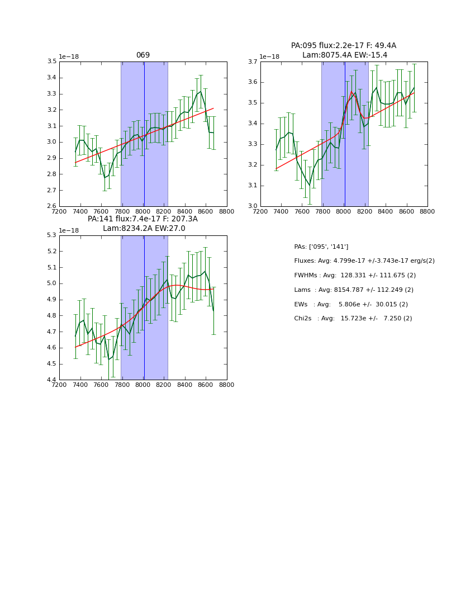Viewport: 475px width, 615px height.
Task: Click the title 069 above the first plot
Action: click(143, 55)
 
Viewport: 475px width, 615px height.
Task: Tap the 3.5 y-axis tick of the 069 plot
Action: click(52, 61)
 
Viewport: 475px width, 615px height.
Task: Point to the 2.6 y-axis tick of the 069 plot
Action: click(52, 206)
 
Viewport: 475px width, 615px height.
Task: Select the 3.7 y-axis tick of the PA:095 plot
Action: click(253, 61)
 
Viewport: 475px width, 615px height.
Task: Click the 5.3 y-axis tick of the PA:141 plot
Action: click(52, 235)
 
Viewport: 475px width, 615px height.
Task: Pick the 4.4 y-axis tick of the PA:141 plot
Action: click(52, 380)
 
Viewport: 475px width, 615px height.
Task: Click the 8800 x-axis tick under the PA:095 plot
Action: click(427, 212)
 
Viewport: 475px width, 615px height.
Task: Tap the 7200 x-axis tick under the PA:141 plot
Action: click(59, 385)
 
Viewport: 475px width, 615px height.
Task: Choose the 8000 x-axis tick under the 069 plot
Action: click(143, 212)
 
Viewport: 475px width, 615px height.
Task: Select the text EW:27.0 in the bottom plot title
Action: click(171, 229)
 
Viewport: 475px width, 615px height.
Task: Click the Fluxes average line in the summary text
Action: click(364, 261)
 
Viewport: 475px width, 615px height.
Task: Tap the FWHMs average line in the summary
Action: click(355, 275)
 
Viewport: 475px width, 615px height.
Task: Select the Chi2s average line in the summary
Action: click(353, 319)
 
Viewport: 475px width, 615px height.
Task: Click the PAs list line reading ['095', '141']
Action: click(321, 247)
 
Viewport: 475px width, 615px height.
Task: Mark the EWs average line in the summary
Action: click(351, 304)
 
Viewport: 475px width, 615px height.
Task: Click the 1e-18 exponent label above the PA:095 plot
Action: click(269, 56)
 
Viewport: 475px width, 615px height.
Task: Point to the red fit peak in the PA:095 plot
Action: click(351, 92)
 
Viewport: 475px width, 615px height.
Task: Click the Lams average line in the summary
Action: click(354, 290)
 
